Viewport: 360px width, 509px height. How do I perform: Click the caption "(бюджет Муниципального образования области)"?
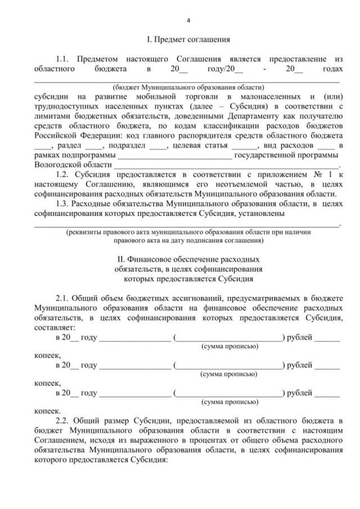(x=188, y=88)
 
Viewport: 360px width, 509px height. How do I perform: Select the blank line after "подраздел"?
(x=159, y=145)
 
